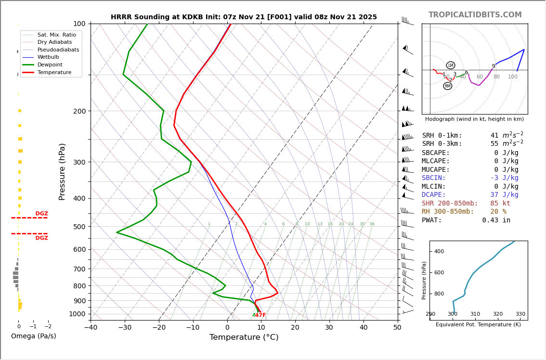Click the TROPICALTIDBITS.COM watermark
tap(475, 15)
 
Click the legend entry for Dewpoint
tap(50, 64)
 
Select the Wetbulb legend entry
tap(48, 57)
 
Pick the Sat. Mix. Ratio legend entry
tap(56, 35)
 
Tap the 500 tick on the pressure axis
tap(79, 227)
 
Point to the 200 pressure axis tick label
tap(79, 111)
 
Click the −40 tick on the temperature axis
tap(91, 328)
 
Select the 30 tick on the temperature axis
tap(329, 328)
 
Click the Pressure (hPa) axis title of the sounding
tap(62, 171)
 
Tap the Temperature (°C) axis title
tap(244, 337)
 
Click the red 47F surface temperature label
tap(260, 315)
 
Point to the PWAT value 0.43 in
tap(496, 220)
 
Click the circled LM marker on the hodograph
tap(451, 65)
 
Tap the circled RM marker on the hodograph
tap(448, 86)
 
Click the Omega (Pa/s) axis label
tap(34, 336)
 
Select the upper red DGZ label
tap(41, 214)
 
